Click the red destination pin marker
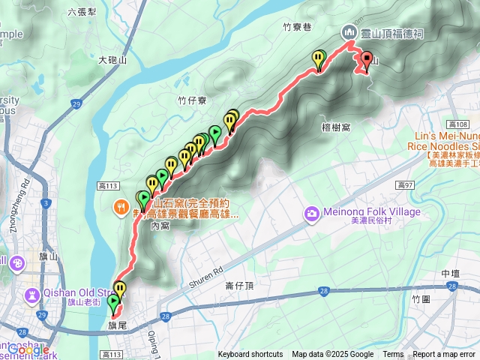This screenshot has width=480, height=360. click(x=367, y=59)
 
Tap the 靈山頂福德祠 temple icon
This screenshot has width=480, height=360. click(x=349, y=32)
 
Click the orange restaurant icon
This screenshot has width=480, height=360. click(x=120, y=206)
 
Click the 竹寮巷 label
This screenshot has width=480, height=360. click(x=296, y=25)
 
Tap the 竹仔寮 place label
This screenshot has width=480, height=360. click(x=193, y=100)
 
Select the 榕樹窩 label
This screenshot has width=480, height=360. click(x=335, y=128)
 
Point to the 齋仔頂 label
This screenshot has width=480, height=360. click(x=239, y=286)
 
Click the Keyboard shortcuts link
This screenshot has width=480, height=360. click(x=250, y=355)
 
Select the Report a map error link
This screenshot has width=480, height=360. click(x=444, y=355)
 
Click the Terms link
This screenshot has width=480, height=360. click(x=393, y=355)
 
